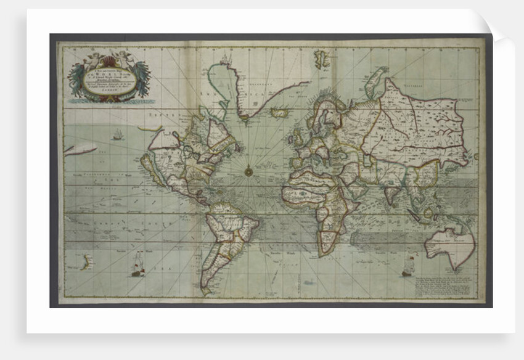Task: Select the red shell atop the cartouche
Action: coord(110,60)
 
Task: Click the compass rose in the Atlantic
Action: coord(249,170)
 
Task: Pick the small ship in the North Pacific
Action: coord(117,134)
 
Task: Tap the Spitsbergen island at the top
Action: coord(322,59)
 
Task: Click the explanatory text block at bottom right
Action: coord(446,286)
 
